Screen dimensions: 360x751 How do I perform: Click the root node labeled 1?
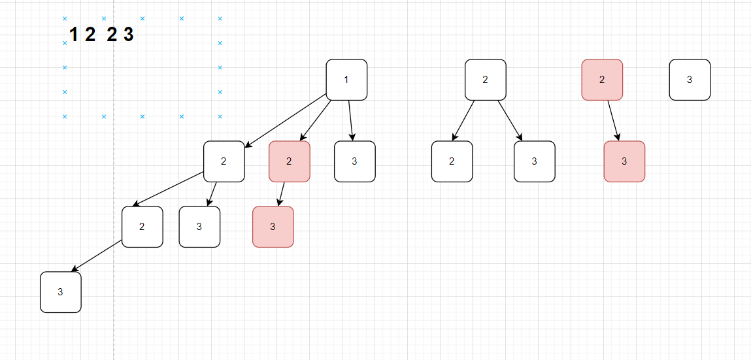pyautogui.click(x=346, y=80)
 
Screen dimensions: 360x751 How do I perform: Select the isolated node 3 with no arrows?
pyautogui.click(x=690, y=80)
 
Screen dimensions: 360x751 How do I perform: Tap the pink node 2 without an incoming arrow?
pyautogui.click(x=602, y=80)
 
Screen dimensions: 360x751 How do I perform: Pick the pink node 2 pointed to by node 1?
pyautogui.click(x=290, y=161)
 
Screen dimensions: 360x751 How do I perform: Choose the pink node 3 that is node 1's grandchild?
pyautogui.click(x=273, y=227)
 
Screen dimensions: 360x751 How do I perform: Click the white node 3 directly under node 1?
pyautogui.click(x=355, y=161)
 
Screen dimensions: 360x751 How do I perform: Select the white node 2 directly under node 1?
pyautogui.click(x=224, y=161)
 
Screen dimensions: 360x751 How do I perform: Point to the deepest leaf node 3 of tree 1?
pyautogui.click(x=61, y=292)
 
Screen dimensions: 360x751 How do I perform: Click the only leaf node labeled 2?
pyautogui.click(x=452, y=161)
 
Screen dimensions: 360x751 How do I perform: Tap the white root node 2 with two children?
pyautogui.click(x=486, y=80)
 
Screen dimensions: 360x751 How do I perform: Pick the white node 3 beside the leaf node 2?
pyautogui.click(x=535, y=161)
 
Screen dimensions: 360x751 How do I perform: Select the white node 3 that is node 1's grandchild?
pyautogui.click(x=199, y=227)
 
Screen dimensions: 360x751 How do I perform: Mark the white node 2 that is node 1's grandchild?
pyautogui.click(x=142, y=227)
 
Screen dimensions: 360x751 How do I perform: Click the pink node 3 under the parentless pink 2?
pyautogui.click(x=624, y=161)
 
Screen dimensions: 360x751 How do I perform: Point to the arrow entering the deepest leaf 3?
pyautogui.click(x=97, y=255)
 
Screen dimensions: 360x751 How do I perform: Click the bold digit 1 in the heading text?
pyautogui.click(x=73, y=35)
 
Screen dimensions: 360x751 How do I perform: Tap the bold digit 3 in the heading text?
pyautogui.click(x=128, y=35)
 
